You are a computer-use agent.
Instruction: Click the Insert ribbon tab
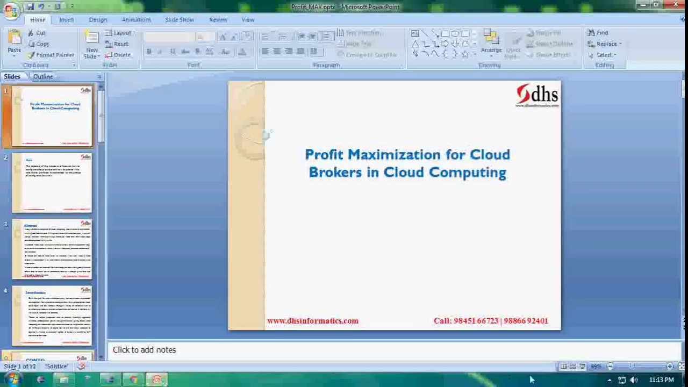point(66,20)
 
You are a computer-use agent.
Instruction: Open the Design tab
point(98,20)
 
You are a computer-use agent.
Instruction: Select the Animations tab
point(136,20)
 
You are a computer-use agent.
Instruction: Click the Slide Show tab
point(179,20)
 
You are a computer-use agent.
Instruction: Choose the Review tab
point(218,20)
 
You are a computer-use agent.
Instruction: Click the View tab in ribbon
point(248,20)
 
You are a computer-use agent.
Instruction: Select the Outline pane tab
point(43,76)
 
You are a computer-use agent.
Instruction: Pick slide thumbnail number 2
point(52,182)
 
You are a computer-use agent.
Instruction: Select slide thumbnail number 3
point(52,249)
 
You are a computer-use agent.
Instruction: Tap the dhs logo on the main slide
point(537,95)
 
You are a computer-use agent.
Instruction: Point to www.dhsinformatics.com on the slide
point(312,321)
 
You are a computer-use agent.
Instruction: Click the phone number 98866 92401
point(526,321)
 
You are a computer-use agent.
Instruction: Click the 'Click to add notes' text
point(144,350)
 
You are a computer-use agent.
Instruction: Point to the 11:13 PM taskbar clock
point(661,380)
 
